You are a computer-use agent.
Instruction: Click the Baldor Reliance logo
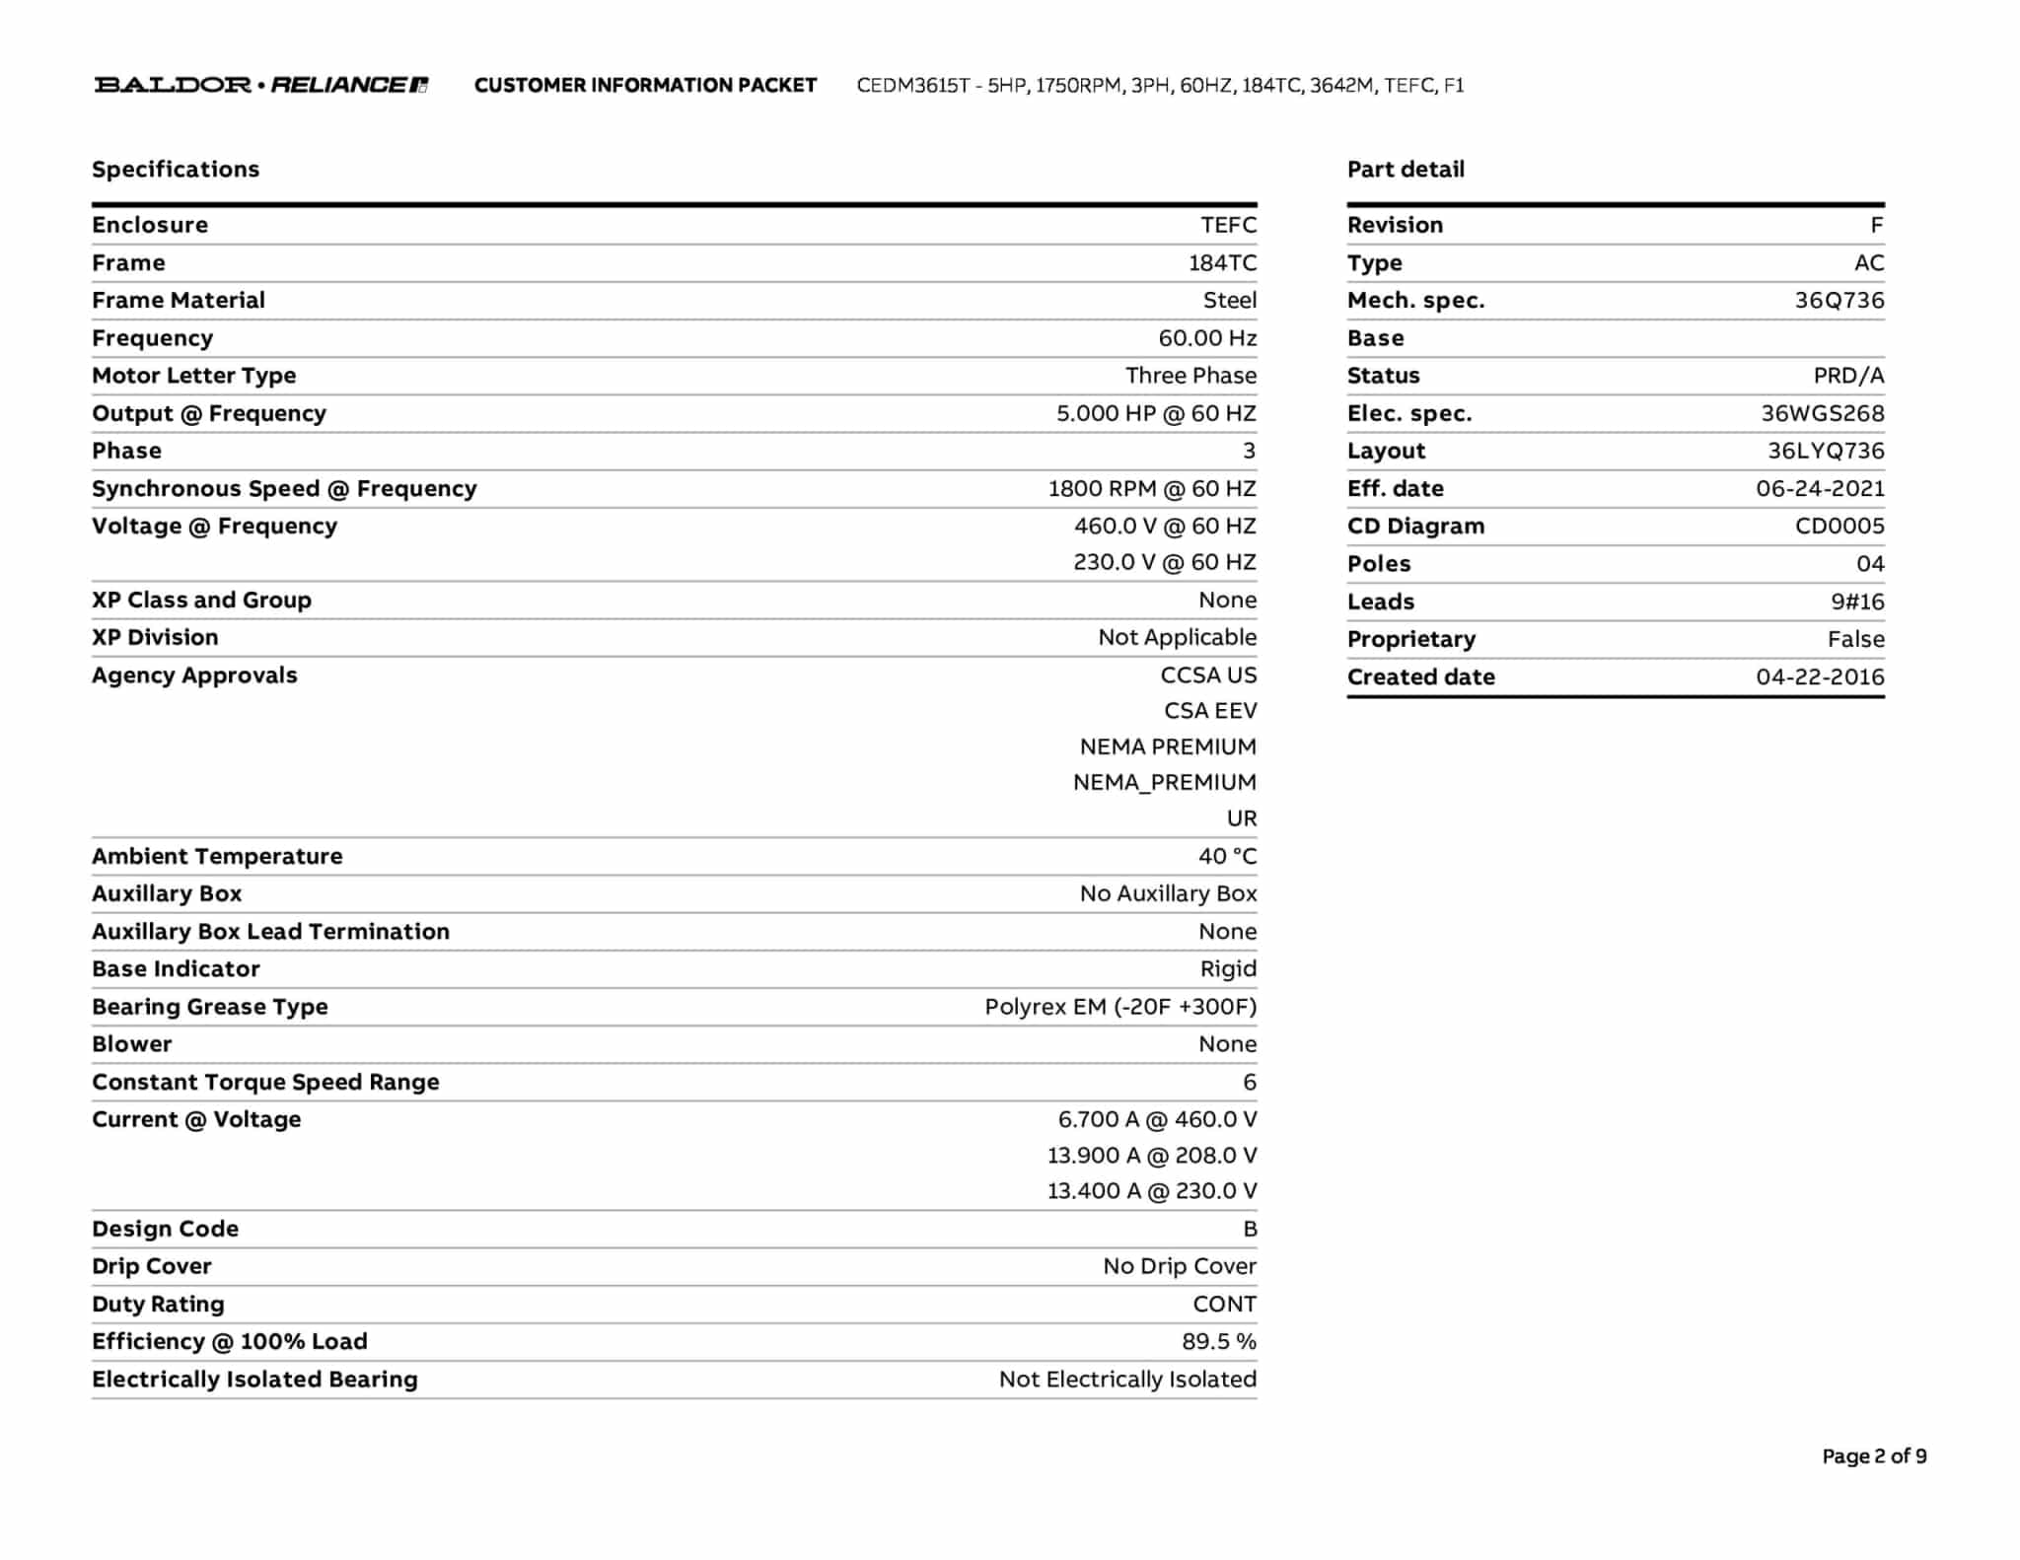pos(261,85)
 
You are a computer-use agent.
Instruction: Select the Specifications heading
pos(176,170)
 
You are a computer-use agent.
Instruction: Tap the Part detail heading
pos(1406,170)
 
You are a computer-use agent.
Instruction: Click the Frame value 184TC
pos(1222,263)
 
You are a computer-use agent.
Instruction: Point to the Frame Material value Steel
pos(1229,301)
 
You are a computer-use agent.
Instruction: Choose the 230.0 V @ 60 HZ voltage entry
pos(1165,562)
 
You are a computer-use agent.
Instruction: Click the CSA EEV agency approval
pos(1210,711)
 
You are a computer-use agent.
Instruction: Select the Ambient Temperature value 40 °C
pos(1227,856)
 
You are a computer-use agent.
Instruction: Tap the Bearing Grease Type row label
pos(210,1007)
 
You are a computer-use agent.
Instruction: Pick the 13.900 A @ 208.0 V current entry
pos(1152,1156)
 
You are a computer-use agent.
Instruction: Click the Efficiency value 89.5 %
pos(1219,1342)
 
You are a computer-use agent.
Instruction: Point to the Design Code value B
pos(1250,1230)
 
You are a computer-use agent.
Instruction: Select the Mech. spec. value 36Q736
pos(1839,301)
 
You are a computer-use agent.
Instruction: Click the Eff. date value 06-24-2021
pos(1820,489)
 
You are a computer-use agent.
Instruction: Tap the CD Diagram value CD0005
pos(1840,527)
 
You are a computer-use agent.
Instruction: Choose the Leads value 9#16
pos(1857,602)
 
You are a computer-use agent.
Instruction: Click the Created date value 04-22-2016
pos(1820,677)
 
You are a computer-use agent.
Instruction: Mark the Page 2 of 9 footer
pos(1874,1456)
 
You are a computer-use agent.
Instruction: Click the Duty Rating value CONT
pos(1224,1305)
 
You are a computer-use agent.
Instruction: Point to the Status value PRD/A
pos(1848,376)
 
